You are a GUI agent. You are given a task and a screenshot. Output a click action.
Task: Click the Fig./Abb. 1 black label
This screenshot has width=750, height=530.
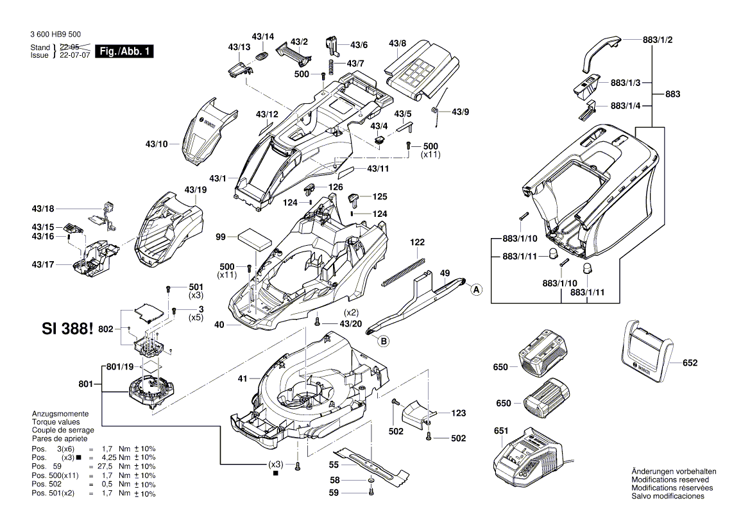(x=124, y=51)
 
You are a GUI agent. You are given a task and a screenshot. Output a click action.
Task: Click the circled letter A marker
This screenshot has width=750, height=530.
(x=476, y=290)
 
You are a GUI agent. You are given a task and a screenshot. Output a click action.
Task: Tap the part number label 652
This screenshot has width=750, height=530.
(x=690, y=363)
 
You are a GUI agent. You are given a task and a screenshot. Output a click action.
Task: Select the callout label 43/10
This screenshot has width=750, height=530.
(x=156, y=144)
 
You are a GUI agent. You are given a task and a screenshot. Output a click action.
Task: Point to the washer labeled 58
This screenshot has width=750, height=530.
(x=371, y=481)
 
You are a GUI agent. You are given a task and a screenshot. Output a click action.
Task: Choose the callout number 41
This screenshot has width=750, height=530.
(x=242, y=379)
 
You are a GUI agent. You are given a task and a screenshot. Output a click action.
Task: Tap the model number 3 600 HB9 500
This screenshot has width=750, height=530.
(x=55, y=35)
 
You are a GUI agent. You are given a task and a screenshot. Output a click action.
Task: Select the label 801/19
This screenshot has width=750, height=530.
(x=120, y=367)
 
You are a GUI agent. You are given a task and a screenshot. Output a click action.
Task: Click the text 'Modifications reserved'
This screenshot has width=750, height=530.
(x=670, y=480)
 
